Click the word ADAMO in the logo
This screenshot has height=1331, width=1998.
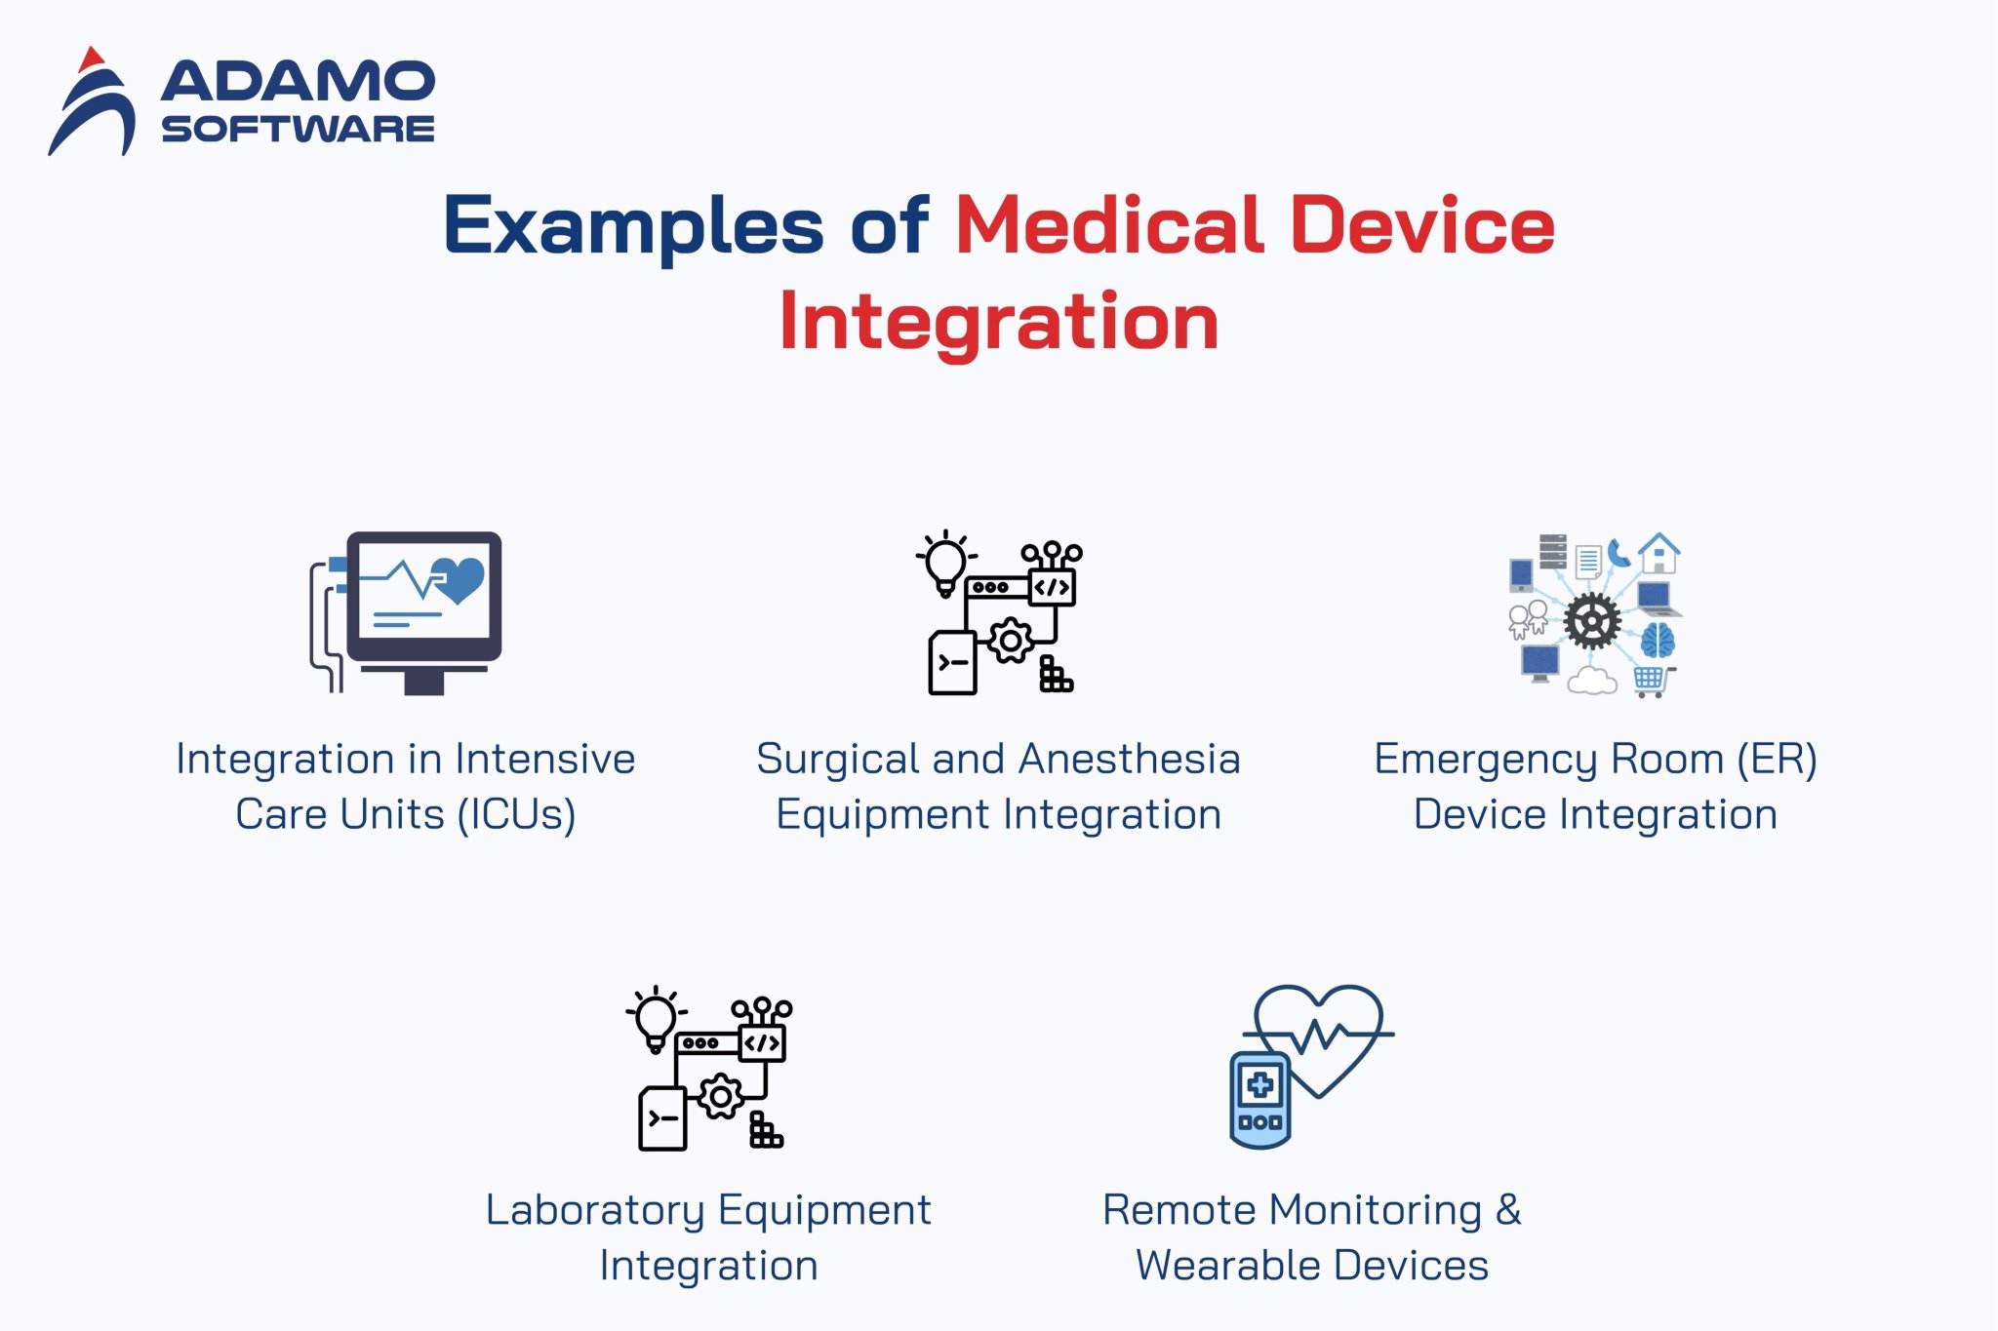click(298, 82)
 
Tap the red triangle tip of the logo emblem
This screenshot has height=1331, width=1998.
click(91, 59)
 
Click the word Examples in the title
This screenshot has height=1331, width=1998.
click(633, 226)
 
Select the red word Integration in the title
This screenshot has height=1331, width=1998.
click(999, 322)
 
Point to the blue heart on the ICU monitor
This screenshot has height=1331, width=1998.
click(459, 579)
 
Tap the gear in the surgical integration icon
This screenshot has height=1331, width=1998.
click(1011, 641)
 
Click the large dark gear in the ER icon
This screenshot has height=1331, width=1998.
click(1592, 620)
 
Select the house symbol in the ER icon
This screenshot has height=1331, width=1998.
click(1658, 553)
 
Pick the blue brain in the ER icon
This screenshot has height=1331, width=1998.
click(1658, 641)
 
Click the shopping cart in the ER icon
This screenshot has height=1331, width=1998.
click(1651, 680)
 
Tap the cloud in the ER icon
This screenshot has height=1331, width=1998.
click(1592, 680)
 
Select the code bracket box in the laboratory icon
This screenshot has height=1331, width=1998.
click(762, 1042)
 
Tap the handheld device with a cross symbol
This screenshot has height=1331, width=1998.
click(1259, 1100)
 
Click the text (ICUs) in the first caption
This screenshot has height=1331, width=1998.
click(517, 814)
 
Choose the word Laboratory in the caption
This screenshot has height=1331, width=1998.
click(595, 1210)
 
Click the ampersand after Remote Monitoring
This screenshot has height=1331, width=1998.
click(1508, 1210)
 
